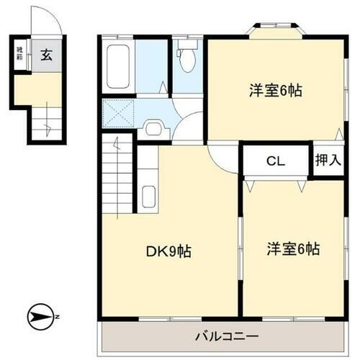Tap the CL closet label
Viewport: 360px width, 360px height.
(x=276, y=161)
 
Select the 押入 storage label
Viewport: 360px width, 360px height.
(x=328, y=161)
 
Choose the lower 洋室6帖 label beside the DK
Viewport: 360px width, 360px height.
(x=293, y=249)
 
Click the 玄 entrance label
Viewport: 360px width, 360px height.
(x=45, y=55)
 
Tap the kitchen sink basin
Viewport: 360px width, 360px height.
(x=149, y=196)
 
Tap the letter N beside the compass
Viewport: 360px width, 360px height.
(x=58, y=318)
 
